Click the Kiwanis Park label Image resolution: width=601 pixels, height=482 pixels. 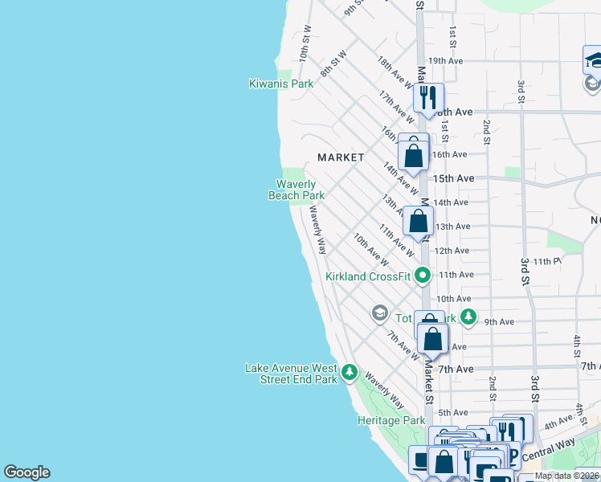280,84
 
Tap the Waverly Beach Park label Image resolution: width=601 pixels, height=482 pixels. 296,190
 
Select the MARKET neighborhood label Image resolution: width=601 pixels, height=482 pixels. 341,157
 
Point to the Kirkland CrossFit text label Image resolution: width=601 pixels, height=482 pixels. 368,276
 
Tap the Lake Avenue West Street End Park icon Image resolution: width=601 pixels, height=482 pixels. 350,372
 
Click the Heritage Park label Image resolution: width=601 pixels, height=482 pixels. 391,420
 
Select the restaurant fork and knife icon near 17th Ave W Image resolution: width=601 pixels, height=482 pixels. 428,98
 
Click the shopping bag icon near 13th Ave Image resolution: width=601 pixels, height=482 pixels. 419,221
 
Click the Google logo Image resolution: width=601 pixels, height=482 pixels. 27,472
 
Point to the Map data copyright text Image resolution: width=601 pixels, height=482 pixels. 566,476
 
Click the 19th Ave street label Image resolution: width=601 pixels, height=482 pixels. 446,60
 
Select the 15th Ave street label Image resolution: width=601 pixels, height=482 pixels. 453,178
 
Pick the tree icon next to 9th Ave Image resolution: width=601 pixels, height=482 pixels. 468,317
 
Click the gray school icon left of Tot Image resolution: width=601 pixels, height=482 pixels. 379,312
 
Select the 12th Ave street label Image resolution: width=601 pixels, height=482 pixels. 451,251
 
